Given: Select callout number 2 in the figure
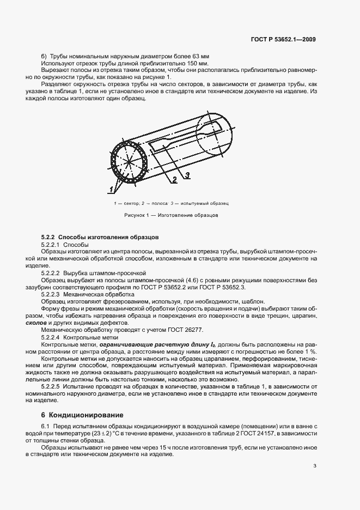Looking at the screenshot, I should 174,179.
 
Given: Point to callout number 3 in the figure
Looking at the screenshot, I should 186,174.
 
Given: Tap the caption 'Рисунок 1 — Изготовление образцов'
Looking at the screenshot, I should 171,215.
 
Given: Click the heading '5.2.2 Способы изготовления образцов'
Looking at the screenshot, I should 100,238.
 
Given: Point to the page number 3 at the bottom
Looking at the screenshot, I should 315,465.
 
